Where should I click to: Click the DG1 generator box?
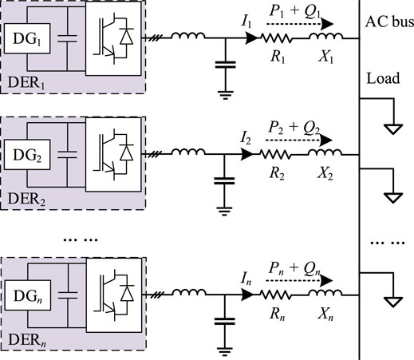(x=27, y=37)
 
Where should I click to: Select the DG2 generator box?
(x=27, y=156)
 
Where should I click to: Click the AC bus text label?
(x=388, y=22)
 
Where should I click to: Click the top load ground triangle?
(x=391, y=127)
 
